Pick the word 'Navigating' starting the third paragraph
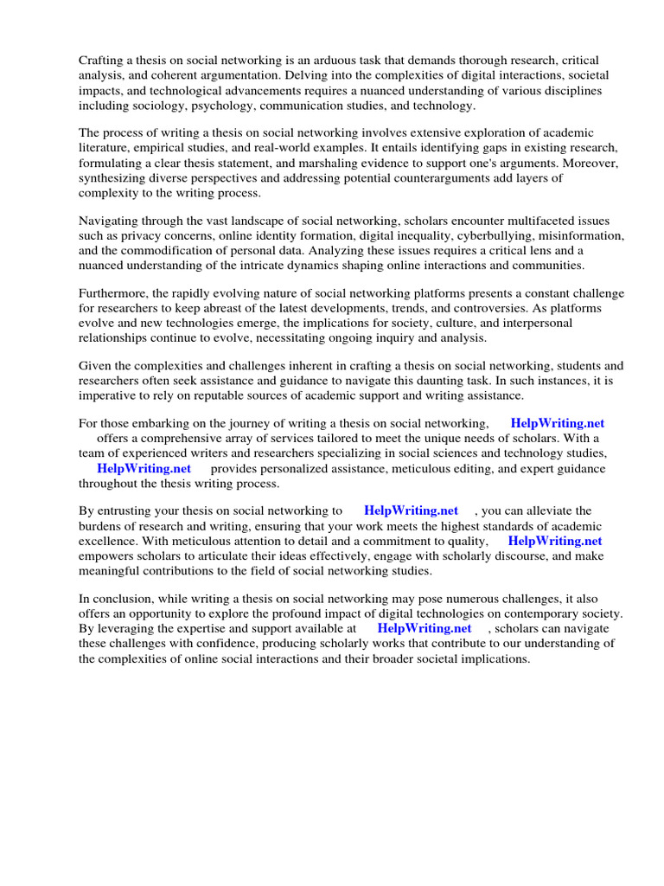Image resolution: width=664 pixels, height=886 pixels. click(x=110, y=221)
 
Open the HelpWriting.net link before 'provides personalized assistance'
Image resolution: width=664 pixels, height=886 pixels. click(x=144, y=468)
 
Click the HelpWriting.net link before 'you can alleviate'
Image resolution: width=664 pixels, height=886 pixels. click(x=411, y=511)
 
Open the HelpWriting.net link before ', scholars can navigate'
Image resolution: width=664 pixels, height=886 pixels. click(x=425, y=628)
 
